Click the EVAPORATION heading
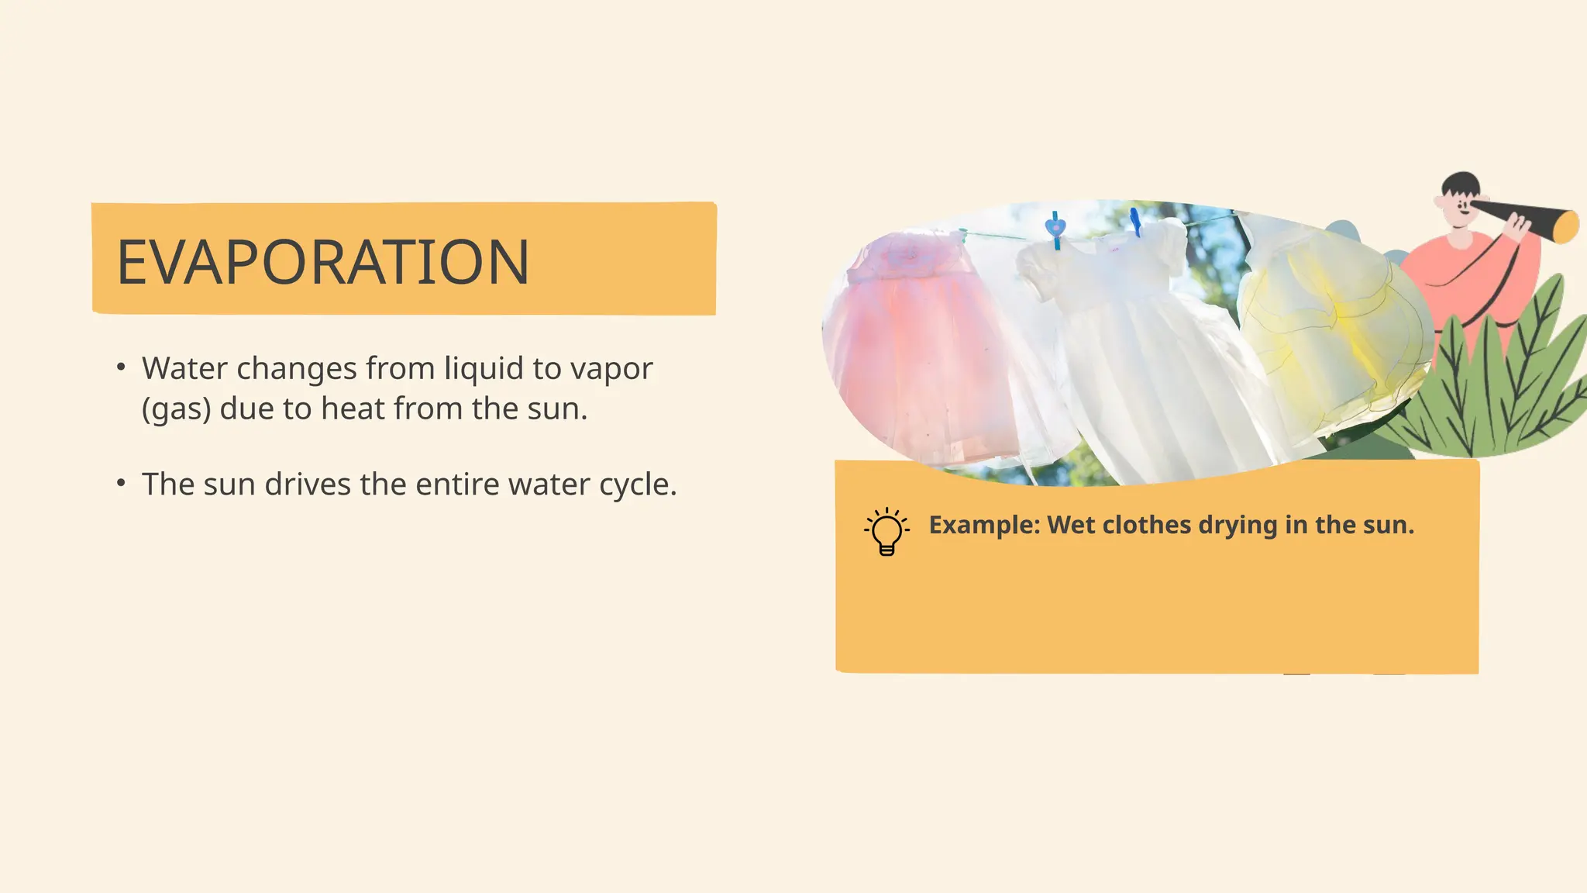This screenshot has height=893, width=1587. point(322,262)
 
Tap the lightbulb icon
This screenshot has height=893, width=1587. point(886,532)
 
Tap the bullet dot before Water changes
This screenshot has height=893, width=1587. point(121,367)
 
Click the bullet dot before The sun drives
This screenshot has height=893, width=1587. point(121,483)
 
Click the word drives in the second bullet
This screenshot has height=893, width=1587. point(308,484)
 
